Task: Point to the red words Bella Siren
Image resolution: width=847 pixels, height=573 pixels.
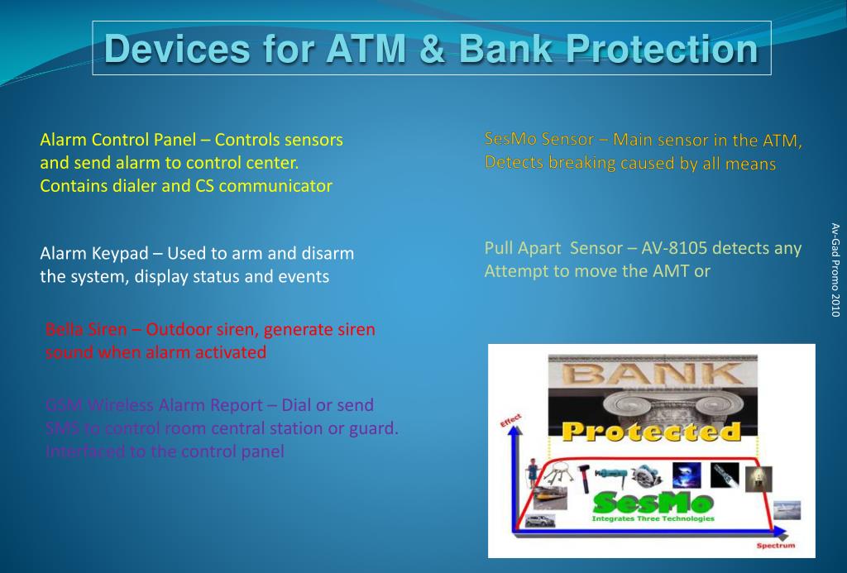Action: (86, 330)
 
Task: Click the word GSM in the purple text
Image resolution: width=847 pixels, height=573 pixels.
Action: (63, 406)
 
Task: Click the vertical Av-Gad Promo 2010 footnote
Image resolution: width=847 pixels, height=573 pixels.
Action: (835, 270)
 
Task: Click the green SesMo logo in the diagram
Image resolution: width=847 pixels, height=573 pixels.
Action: (653, 501)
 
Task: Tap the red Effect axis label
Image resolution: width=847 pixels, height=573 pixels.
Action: (511, 421)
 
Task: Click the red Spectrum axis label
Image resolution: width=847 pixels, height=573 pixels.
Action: (776, 546)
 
